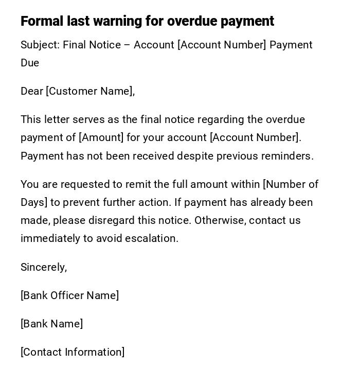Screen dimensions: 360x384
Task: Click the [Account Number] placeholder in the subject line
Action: [x=222, y=45]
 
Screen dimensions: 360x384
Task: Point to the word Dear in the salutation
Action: [x=31, y=91]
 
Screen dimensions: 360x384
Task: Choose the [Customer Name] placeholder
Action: [x=90, y=91]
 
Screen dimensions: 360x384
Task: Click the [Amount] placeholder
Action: [x=101, y=137]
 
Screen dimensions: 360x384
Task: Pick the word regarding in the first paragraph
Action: [x=221, y=119]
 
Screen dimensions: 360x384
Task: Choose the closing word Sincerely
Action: [x=44, y=267]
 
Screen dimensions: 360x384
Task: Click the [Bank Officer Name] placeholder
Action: [x=69, y=295]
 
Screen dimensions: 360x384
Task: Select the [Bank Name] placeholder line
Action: [x=51, y=324]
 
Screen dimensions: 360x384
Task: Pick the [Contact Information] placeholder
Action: [x=73, y=352]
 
